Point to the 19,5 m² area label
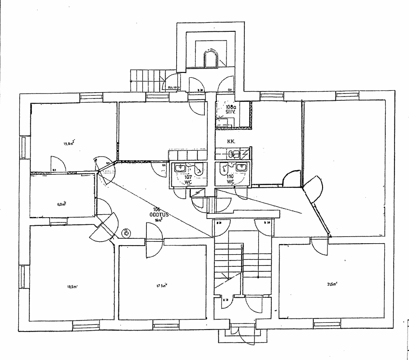coord(73,287)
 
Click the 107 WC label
coord(188,179)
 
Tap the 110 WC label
coord(231,179)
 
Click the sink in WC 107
coord(181,168)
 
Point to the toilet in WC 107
coord(198,169)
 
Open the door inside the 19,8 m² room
coord(56,163)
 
